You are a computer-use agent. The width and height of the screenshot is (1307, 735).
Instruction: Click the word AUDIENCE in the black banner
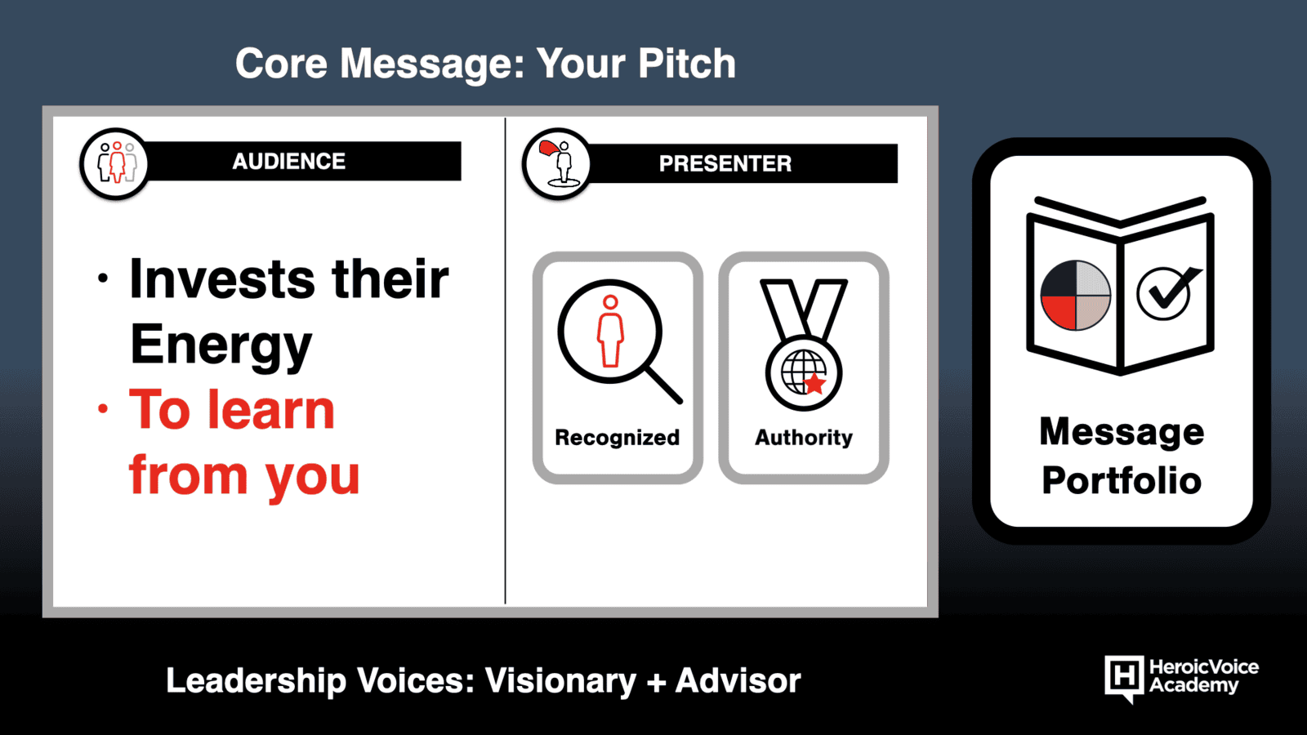[x=289, y=161]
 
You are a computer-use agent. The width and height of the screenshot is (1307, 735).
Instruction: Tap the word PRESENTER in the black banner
[x=725, y=164]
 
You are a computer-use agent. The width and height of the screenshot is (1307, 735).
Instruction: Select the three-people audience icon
[x=116, y=163]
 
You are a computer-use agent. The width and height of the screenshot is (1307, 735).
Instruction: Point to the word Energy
[x=221, y=345]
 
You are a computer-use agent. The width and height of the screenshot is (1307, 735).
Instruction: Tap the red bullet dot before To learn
[x=103, y=408]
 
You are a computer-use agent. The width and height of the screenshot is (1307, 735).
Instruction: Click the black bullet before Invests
[x=103, y=278]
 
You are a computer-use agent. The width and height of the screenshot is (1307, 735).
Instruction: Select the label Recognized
[x=618, y=438]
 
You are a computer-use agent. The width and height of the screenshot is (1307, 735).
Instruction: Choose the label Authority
[x=804, y=438]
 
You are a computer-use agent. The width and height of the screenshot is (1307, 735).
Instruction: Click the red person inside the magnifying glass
[x=610, y=331]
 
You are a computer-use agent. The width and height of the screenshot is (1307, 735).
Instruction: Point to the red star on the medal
[x=814, y=384]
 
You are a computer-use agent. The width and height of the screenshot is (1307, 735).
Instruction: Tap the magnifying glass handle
[x=664, y=385]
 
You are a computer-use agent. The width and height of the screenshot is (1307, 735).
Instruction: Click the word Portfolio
[x=1122, y=481]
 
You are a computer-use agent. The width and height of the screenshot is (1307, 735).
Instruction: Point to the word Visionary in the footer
[x=560, y=681]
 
